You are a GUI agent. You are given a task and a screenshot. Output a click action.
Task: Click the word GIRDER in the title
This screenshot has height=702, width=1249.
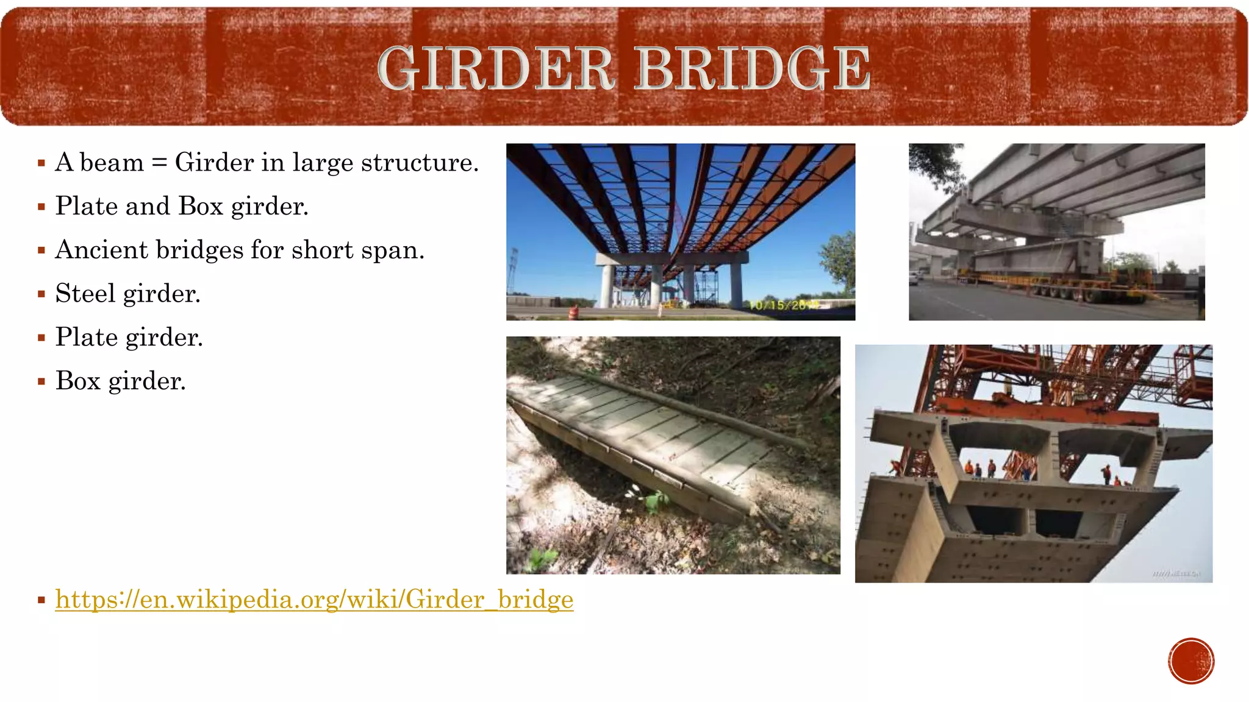495,68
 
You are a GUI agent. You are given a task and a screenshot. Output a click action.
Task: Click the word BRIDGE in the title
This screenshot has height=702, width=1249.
753,68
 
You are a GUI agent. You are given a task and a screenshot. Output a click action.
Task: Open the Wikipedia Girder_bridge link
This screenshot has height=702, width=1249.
314,600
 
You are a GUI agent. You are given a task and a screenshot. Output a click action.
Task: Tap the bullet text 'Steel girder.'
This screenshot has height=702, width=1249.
128,294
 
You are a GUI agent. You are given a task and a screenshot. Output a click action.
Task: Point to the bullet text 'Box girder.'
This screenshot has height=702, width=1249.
121,381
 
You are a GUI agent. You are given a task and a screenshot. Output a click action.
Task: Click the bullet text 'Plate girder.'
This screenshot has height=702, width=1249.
129,338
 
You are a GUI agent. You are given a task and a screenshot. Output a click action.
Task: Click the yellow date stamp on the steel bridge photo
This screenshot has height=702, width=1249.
784,305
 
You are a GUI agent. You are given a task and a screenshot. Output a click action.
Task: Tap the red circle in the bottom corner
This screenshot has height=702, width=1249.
1191,661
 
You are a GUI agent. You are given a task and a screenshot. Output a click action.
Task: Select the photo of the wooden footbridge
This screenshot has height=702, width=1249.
673,455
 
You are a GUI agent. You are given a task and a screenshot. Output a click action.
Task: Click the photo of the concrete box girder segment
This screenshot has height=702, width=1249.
1033,464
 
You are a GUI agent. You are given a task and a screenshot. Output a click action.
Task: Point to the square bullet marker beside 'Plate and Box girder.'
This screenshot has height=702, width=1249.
41,207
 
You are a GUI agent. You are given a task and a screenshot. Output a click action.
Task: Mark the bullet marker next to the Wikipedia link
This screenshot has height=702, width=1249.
41,600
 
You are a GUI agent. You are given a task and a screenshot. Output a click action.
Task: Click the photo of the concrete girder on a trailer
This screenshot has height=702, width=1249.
1056,232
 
